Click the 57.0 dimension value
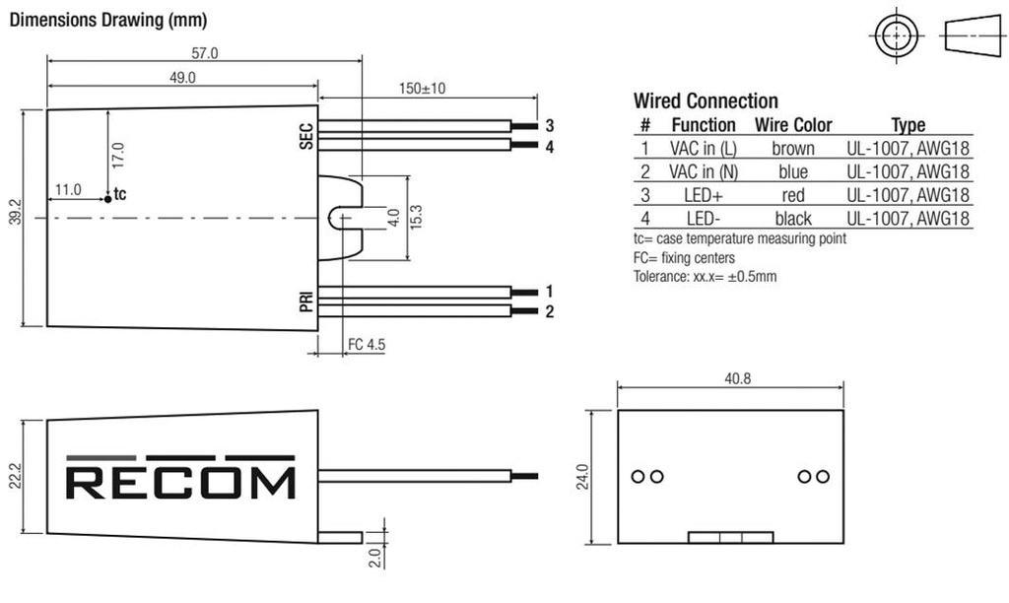[x=204, y=53]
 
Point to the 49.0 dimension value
[x=182, y=77]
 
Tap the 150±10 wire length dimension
[x=422, y=88]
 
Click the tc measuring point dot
[x=107, y=199]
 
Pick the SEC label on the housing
[x=305, y=137]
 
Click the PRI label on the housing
[x=305, y=301]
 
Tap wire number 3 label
[x=550, y=126]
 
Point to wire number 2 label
[x=550, y=312]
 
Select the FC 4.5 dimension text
[x=366, y=346]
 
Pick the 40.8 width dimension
[x=730, y=377]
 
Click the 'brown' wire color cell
[x=792, y=148]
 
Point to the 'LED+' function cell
[x=703, y=195]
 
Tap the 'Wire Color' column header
[x=792, y=125]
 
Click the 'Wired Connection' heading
[x=705, y=100]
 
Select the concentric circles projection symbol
[x=895, y=37]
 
